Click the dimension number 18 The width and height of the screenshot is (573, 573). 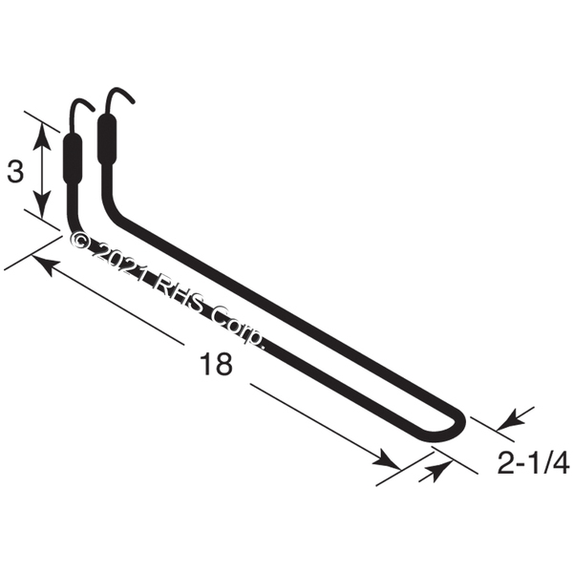click(216, 364)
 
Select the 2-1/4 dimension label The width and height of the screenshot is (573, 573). click(534, 462)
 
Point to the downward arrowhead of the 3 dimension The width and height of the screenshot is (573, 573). click(42, 205)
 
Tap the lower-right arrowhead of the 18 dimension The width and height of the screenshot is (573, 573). click(388, 459)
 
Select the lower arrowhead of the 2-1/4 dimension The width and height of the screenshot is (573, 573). click(435, 471)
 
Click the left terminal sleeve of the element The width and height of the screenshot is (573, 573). click(73, 159)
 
